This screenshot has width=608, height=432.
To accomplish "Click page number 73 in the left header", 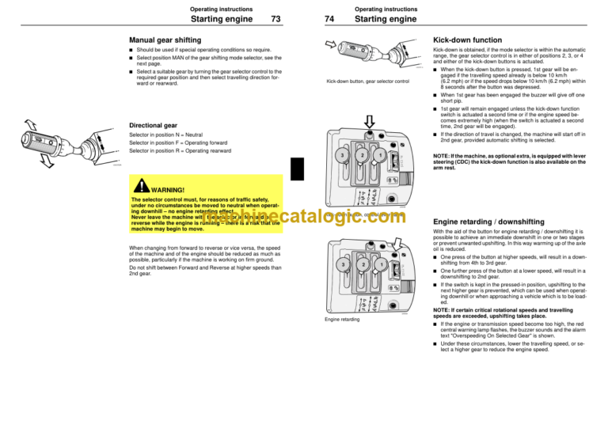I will (x=275, y=19).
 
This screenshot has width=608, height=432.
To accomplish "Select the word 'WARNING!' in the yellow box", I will (x=169, y=190).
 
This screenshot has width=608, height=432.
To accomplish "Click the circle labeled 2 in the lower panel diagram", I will (x=361, y=262).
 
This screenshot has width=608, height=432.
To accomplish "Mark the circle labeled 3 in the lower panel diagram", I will (x=340, y=262).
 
